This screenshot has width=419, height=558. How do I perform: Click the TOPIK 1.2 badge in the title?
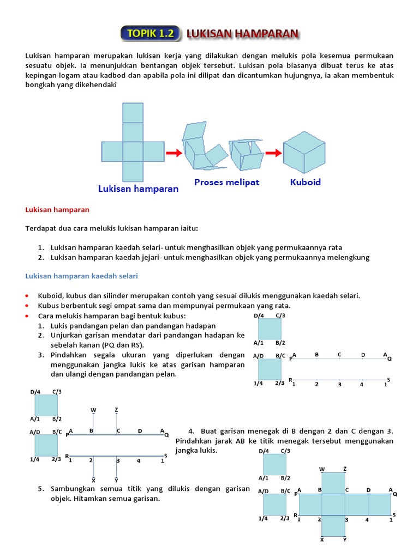coord(150,33)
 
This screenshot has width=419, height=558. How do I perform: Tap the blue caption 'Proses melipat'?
coord(226,182)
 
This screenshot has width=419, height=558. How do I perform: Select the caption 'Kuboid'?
coord(305,182)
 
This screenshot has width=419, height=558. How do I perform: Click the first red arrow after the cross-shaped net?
coord(173,153)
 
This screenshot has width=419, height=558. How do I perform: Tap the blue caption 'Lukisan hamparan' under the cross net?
coord(138,189)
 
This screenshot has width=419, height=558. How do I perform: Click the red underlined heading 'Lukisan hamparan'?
coord(57,209)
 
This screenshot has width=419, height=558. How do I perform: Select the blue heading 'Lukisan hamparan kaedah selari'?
coord(82,276)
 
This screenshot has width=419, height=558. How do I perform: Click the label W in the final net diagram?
coord(322,469)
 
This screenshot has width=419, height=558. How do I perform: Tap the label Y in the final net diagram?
coord(344,539)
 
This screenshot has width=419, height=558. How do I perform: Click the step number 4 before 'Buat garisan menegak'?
coord(190,430)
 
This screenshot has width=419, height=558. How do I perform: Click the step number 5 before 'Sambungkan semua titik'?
coord(41,488)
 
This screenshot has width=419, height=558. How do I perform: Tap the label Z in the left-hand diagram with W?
coord(116,409)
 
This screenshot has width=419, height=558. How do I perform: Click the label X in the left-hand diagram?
coord(93,480)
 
